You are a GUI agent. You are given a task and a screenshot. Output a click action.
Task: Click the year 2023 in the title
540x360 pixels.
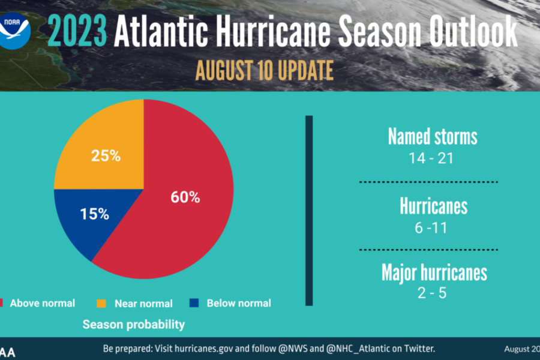[77, 31]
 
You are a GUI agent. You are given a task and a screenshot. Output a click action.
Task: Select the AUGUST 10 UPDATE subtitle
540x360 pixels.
[264, 70]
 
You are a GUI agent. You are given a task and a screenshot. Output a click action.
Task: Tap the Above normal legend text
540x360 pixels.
[42, 303]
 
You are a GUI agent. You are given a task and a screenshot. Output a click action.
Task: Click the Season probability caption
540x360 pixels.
[133, 325]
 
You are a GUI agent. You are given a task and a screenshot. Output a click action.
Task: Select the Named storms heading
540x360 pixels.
[432, 137]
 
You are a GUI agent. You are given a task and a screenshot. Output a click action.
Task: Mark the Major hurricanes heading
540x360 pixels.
[434, 272]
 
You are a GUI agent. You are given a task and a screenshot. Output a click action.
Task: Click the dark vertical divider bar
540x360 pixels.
[309, 210]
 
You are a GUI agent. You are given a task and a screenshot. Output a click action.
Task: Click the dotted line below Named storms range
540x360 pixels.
[428, 181]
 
